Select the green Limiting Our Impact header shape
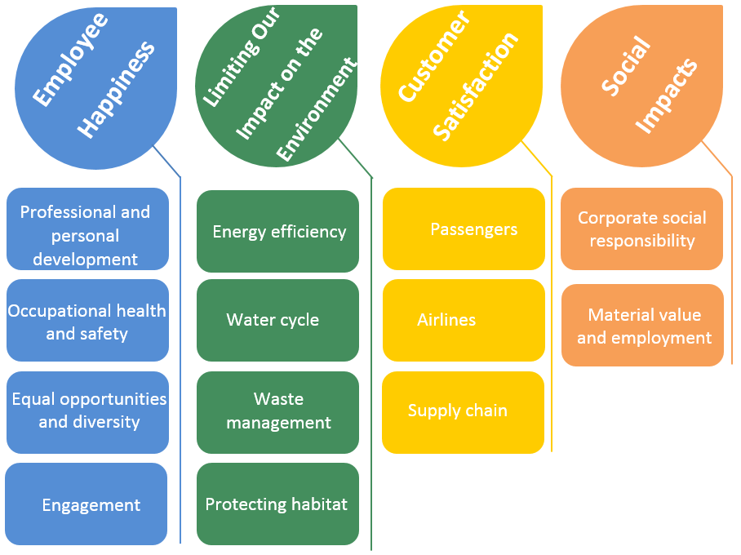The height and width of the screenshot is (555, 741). point(277,86)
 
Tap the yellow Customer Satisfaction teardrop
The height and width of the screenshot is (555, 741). point(461,86)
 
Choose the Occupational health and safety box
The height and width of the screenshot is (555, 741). point(87,321)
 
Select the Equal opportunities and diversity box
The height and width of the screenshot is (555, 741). point(87,412)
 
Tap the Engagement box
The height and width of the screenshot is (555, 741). point(87,504)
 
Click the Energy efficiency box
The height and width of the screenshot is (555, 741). point(277,232)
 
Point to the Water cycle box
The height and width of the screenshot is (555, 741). point(277,320)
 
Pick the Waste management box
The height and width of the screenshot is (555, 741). point(277,412)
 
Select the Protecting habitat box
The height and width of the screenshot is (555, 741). point(277,504)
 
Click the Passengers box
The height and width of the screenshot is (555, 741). point(464,229)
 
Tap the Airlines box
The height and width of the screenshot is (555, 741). point(464,320)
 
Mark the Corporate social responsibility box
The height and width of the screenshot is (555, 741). point(641,229)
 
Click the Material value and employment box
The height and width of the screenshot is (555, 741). point(642,325)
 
